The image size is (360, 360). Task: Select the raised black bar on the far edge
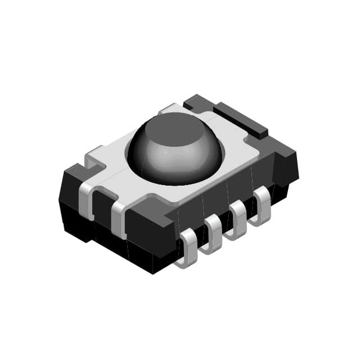click(242, 118)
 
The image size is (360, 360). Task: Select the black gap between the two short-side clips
click(101, 208)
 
